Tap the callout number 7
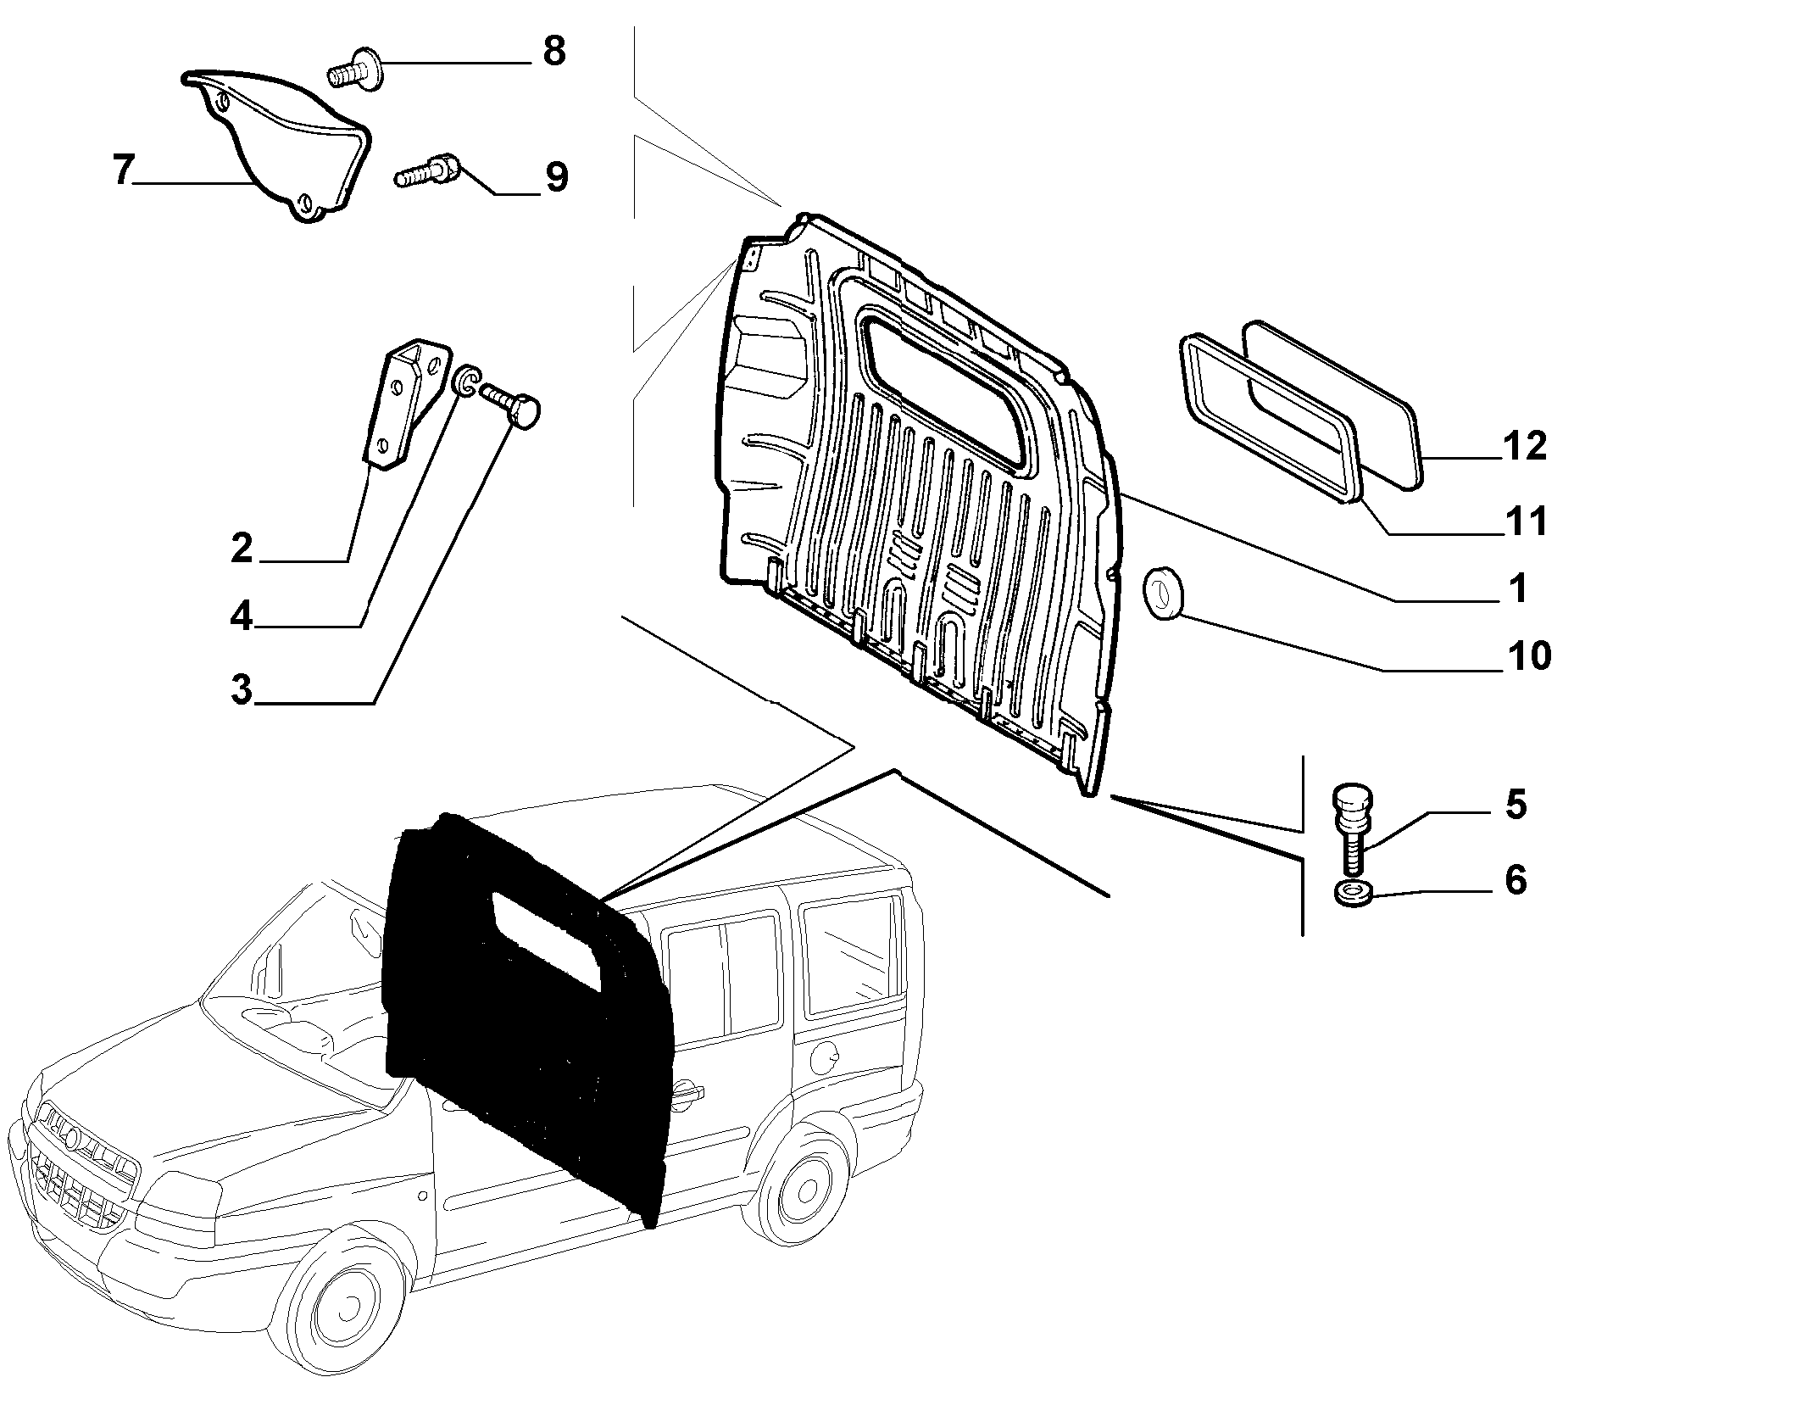[124, 171]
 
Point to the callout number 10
[1528, 655]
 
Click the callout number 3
[242, 689]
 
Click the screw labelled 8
[356, 68]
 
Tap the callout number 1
[1518, 588]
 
